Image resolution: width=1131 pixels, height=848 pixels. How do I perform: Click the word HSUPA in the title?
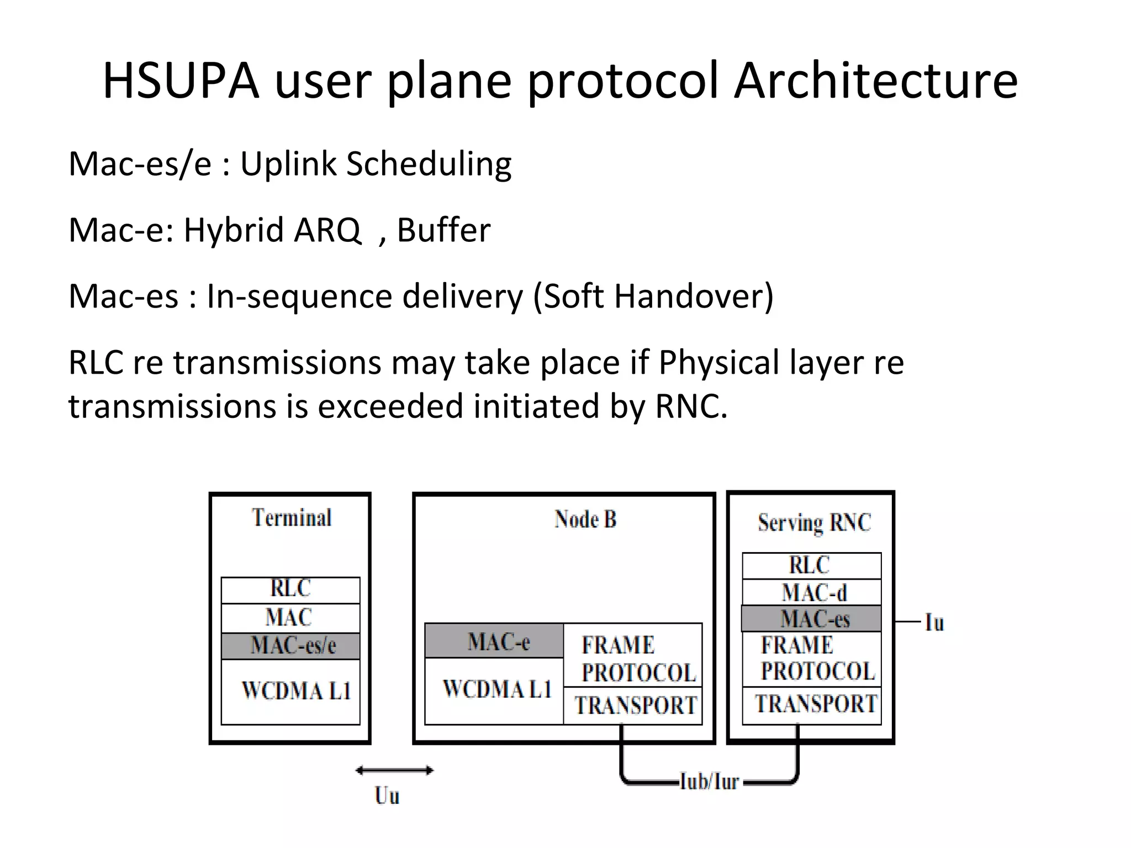coord(181,81)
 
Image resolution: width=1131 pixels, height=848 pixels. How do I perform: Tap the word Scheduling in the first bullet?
coord(429,165)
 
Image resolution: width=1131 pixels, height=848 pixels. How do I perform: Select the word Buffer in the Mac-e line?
coord(443,230)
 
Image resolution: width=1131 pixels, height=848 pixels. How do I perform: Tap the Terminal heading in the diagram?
coord(292,518)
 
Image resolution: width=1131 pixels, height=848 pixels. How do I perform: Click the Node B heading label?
coord(585,519)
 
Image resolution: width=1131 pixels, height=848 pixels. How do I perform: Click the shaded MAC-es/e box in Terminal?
coord(291,645)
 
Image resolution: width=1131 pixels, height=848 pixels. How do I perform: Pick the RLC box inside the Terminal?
coord(290,589)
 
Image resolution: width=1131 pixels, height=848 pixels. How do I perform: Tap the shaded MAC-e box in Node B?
coord(495,641)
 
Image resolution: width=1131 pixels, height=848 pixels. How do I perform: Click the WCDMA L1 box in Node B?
coord(495,690)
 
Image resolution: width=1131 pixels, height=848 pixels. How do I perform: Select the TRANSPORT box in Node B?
coord(633,706)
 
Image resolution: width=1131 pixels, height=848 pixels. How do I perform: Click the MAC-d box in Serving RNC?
coord(812,592)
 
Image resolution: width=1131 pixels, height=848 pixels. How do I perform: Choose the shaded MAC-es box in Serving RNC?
coord(812,619)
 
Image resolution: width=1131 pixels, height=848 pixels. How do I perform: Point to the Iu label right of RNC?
coord(934,623)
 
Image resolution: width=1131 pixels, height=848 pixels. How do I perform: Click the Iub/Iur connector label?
coord(709,781)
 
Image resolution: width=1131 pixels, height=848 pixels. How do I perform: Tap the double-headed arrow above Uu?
coord(394,770)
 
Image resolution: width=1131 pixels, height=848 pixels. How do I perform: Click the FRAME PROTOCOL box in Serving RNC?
coord(812,659)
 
